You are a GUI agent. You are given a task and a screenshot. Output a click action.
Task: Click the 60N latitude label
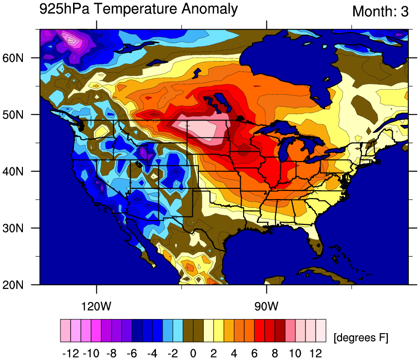pyautogui.click(x=13, y=58)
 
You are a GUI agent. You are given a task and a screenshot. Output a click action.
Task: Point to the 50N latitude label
pyautogui.click(x=13, y=115)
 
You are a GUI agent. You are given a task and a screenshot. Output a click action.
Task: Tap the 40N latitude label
pyautogui.click(x=13, y=171)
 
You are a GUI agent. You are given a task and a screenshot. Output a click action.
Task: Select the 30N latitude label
pyautogui.click(x=13, y=228)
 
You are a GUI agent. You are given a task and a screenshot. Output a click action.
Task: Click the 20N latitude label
pyautogui.click(x=13, y=284)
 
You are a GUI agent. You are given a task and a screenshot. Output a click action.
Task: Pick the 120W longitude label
pyautogui.click(x=96, y=306)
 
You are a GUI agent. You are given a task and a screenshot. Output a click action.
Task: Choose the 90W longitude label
pyautogui.click(x=267, y=306)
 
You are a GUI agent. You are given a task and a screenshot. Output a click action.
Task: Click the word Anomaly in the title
pyautogui.click(x=210, y=9)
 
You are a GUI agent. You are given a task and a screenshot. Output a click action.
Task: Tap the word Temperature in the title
pyautogui.click(x=135, y=9)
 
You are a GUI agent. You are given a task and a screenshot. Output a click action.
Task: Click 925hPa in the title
pyautogui.click(x=64, y=9)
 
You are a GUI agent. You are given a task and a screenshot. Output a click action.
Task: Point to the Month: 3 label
pyautogui.click(x=381, y=12)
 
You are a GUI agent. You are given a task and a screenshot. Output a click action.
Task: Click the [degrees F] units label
pyautogui.click(x=361, y=338)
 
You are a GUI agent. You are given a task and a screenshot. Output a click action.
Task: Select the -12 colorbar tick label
pyautogui.click(x=71, y=353)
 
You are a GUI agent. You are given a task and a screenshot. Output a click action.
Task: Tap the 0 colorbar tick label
pyautogui.click(x=193, y=353)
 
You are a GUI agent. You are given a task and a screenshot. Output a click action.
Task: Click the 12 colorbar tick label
pyautogui.click(x=316, y=353)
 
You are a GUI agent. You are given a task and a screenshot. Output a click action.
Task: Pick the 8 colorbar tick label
pyautogui.click(x=274, y=353)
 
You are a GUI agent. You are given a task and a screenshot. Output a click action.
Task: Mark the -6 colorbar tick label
pyautogui.click(x=132, y=353)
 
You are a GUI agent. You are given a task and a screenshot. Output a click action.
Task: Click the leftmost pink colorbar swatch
pyautogui.click(x=65, y=331)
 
